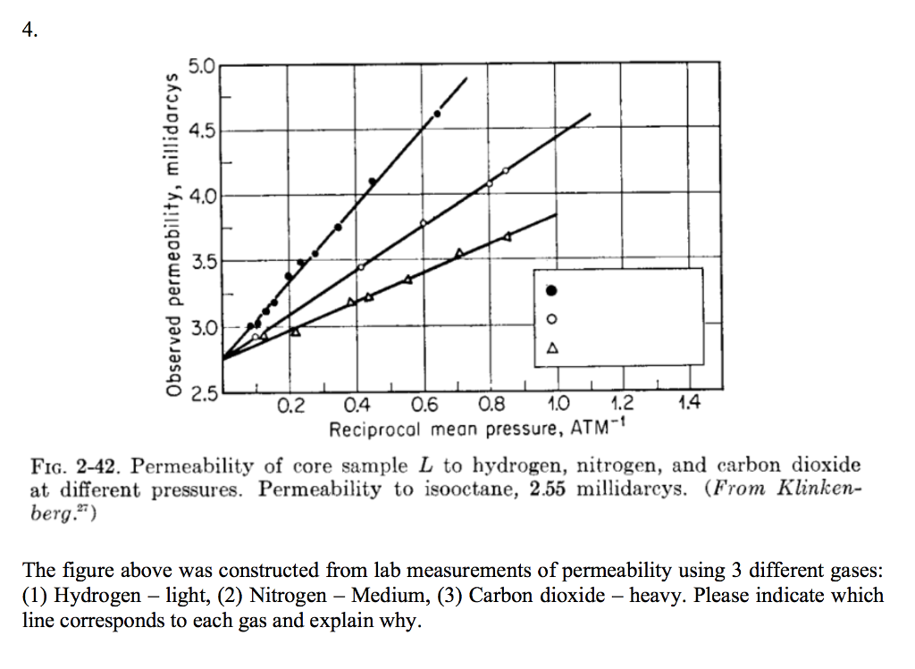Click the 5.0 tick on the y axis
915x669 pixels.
pos(202,65)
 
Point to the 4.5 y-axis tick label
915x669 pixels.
pos(202,130)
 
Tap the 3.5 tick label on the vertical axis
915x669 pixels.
pos(202,262)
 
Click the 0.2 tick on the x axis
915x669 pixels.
pos(290,407)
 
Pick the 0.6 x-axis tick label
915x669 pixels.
pos(424,407)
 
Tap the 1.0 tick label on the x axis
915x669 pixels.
pos(558,407)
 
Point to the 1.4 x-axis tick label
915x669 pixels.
pos(688,407)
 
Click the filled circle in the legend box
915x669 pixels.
pos(551,289)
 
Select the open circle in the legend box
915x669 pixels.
pos(551,319)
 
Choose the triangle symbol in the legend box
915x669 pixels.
pos(551,347)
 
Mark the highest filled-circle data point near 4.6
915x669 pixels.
pos(437,113)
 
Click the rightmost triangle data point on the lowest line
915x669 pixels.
pos(508,236)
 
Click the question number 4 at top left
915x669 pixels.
pos(30,29)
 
